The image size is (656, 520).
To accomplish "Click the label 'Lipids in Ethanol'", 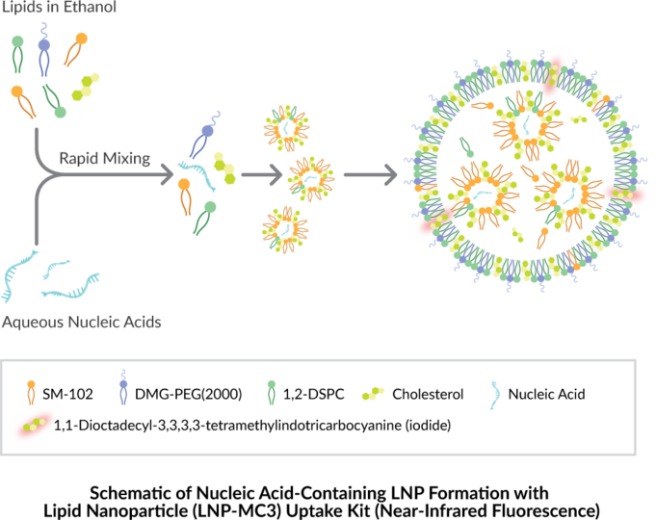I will click(59, 8).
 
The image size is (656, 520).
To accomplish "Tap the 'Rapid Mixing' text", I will click(104, 158).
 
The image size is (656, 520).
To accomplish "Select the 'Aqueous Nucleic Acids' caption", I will click(81, 322).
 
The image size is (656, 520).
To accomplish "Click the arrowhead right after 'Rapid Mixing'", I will click(182, 179).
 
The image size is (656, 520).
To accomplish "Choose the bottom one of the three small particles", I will click(284, 229).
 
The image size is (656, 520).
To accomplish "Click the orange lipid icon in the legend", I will click(32, 391).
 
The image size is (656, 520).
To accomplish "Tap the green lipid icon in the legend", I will click(272, 389).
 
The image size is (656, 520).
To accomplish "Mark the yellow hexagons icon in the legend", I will click(373, 393).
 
